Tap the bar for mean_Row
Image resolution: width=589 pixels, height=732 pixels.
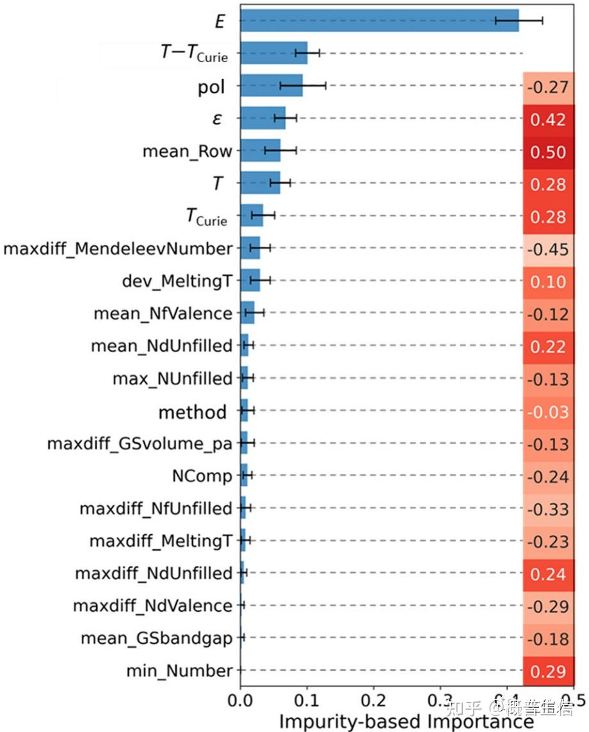click(260, 151)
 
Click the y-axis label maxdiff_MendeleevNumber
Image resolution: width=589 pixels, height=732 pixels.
click(118, 248)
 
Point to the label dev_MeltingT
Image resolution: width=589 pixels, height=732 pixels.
click(177, 281)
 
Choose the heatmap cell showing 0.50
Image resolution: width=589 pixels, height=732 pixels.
click(548, 152)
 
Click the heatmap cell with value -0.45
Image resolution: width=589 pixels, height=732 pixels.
click(548, 249)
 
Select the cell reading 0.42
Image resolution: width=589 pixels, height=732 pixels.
click(548, 119)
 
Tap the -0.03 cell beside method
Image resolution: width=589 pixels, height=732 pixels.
click(548, 412)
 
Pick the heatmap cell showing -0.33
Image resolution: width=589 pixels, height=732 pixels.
click(548, 509)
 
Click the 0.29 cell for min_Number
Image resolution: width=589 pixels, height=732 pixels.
click(548, 671)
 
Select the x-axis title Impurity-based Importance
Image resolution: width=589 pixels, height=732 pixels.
click(406, 720)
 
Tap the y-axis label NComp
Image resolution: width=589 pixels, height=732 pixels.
click(202, 476)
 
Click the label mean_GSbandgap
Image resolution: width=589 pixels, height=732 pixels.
click(156, 638)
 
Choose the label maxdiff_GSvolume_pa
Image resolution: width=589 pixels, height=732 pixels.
click(140, 444)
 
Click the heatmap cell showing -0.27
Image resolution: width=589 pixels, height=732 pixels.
click(548, 86)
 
